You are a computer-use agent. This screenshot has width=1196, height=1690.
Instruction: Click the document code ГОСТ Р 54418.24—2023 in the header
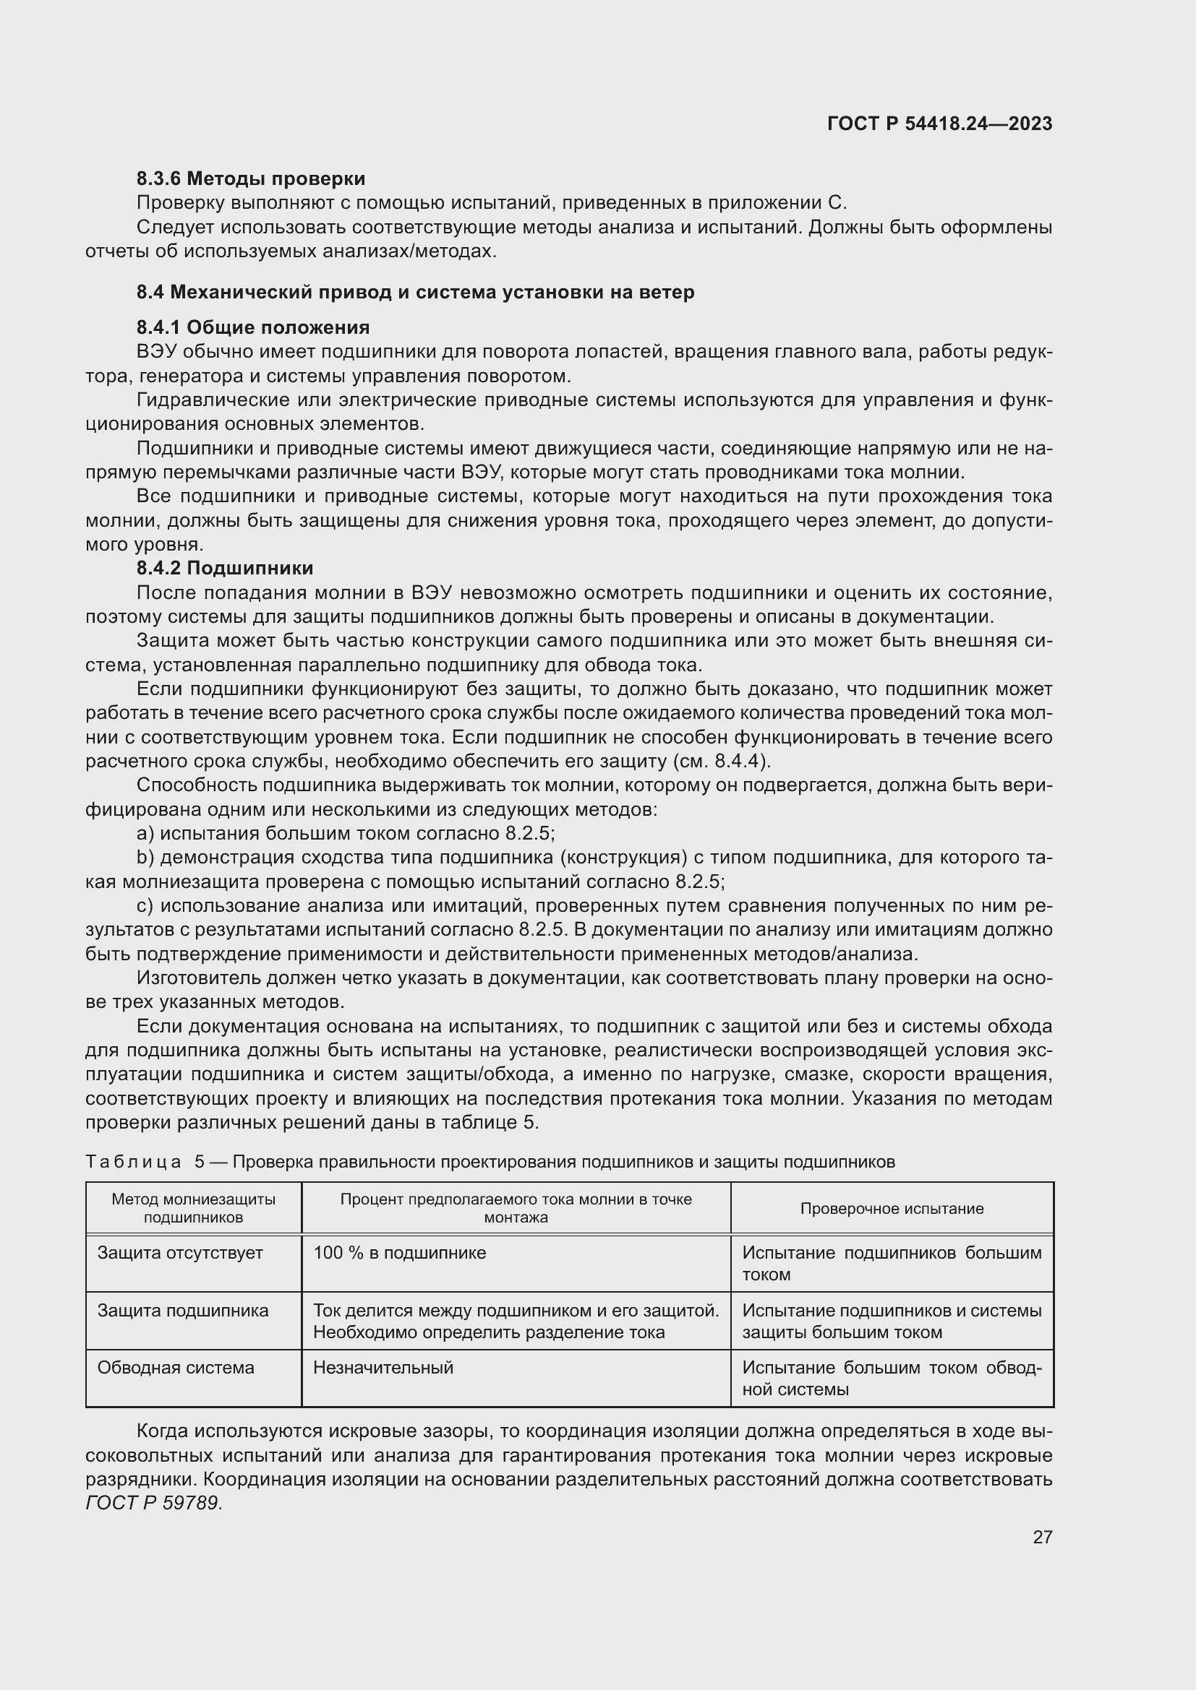(939, 124)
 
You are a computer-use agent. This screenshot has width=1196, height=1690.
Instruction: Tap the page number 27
(1042, 1537)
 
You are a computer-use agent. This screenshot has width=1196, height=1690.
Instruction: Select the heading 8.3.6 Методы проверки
(250, 179)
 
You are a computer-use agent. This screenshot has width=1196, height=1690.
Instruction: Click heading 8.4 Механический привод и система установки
(414, 292)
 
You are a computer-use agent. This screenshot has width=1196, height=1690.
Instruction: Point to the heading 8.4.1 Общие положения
(252, 327)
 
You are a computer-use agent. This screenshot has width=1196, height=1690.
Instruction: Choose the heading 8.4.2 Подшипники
(225, 568)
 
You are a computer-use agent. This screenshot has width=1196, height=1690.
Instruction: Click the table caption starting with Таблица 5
(490, 1162)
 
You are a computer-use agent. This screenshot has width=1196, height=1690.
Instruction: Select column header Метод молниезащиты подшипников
(193, 1208)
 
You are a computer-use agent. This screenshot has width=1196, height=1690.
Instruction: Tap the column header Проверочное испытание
(891, 1209)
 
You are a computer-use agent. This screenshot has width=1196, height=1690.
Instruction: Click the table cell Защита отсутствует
(180, 1253)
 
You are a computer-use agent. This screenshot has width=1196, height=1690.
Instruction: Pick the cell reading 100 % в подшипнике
(399, 1253)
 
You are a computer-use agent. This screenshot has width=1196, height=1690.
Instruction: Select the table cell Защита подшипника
(183, 1310)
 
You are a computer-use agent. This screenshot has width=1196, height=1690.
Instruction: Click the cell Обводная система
(175, 1368)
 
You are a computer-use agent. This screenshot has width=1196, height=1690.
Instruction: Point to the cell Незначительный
(383, 1368)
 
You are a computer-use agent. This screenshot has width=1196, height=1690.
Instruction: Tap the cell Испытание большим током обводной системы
(891, 1378)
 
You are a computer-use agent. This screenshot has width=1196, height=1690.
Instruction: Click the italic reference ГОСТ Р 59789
(153, 1503)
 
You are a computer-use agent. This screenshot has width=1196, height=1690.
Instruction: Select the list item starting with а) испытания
(346, 833)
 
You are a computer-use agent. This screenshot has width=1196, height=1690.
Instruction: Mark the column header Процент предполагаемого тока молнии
(516, 1208)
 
